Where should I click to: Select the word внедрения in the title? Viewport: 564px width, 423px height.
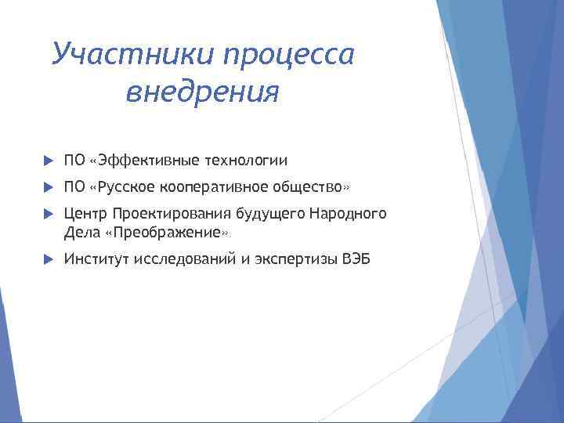pyautogui.click(x=201, y=92)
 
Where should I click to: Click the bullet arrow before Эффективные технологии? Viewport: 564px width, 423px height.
pyautogui.click(x=46, y=161)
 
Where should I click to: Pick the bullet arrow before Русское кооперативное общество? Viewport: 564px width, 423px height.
pyautogui.click(x=46, y=188)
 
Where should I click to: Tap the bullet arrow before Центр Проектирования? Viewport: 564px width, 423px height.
pyautogui.click(x=46, y=214)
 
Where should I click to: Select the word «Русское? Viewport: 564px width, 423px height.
pyautogui.click(x=122, y=188)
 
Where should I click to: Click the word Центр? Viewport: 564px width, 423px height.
pyautogui.click(x=86, y=214)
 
